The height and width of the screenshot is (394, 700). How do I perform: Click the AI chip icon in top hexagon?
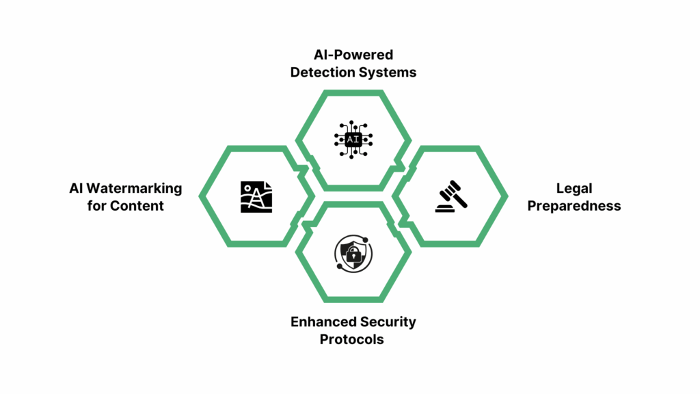[353, 140]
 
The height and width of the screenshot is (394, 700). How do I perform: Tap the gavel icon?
[452, 196]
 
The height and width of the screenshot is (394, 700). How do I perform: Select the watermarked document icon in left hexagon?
[256, 196]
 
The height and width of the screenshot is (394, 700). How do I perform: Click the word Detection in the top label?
[320, 72]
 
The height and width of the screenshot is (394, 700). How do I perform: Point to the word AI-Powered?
[353, 55]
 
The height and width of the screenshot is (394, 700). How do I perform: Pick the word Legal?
[574, 188]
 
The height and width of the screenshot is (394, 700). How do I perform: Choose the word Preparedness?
[574, 205]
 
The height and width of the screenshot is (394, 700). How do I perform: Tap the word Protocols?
[352, 339]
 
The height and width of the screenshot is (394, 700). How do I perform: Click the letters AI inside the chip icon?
[353, 140]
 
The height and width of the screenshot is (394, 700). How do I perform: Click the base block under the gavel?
[448, 207]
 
